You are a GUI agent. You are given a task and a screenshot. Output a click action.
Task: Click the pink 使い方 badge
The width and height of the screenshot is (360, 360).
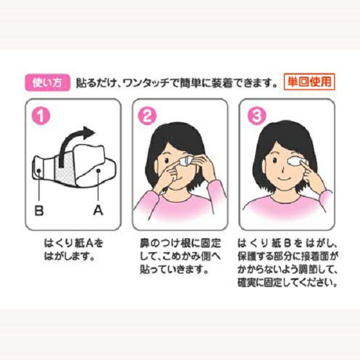coord(47,82)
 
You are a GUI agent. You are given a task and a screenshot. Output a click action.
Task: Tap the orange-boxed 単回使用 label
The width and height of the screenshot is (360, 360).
coord(309,82)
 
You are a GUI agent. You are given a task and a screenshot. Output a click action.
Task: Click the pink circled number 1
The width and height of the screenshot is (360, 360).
coord(41,116)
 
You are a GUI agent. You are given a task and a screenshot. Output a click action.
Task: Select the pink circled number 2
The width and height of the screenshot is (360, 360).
coord(147,116)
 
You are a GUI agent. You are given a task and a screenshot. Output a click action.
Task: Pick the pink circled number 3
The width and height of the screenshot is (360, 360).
coord(257,115)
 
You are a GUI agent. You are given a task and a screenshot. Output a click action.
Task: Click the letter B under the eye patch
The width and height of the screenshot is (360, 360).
coord(39,210)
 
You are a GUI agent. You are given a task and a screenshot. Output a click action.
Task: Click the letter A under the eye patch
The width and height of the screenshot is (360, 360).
coord(98,210)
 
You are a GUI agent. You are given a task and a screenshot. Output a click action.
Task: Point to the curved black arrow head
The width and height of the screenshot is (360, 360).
coord(89,133)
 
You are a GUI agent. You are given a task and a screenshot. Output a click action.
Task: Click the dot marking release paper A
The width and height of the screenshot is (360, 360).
coord(98,170)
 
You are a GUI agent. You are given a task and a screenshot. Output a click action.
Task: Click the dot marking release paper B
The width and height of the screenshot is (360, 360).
coord(39,170)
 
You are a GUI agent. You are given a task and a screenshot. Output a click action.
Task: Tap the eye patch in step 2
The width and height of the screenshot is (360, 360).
coord(187,160)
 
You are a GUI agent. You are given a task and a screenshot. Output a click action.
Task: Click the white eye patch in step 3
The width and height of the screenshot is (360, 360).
coord(296,160)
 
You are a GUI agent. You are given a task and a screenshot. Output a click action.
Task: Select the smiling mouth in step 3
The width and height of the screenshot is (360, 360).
coord(284,178)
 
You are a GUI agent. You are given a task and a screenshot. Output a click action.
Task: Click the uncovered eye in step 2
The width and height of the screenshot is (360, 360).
coord(166,160)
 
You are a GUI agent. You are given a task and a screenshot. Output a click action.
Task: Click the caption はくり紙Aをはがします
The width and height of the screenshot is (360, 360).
coord(73,250)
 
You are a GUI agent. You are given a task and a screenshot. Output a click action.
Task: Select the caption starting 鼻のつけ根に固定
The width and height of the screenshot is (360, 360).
coord(180,256)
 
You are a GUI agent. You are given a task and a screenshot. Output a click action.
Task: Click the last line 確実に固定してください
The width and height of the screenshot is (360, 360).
coord(287,283)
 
